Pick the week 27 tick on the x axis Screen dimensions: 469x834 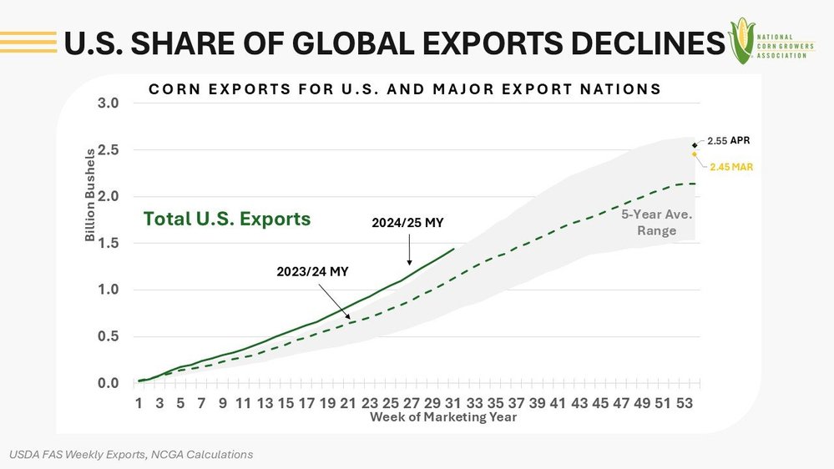point(412,403)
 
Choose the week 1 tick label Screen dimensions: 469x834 point(139,403)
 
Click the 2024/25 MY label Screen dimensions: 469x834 point(407,223)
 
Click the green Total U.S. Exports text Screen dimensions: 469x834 point(227,219)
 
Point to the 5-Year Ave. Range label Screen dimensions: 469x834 point(657,222)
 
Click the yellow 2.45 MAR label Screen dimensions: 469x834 point(732,167)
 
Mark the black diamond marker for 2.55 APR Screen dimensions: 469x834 point(695,146)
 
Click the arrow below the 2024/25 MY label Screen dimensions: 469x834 point(409,249)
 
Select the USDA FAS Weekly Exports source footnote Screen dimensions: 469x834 point(131,455)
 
